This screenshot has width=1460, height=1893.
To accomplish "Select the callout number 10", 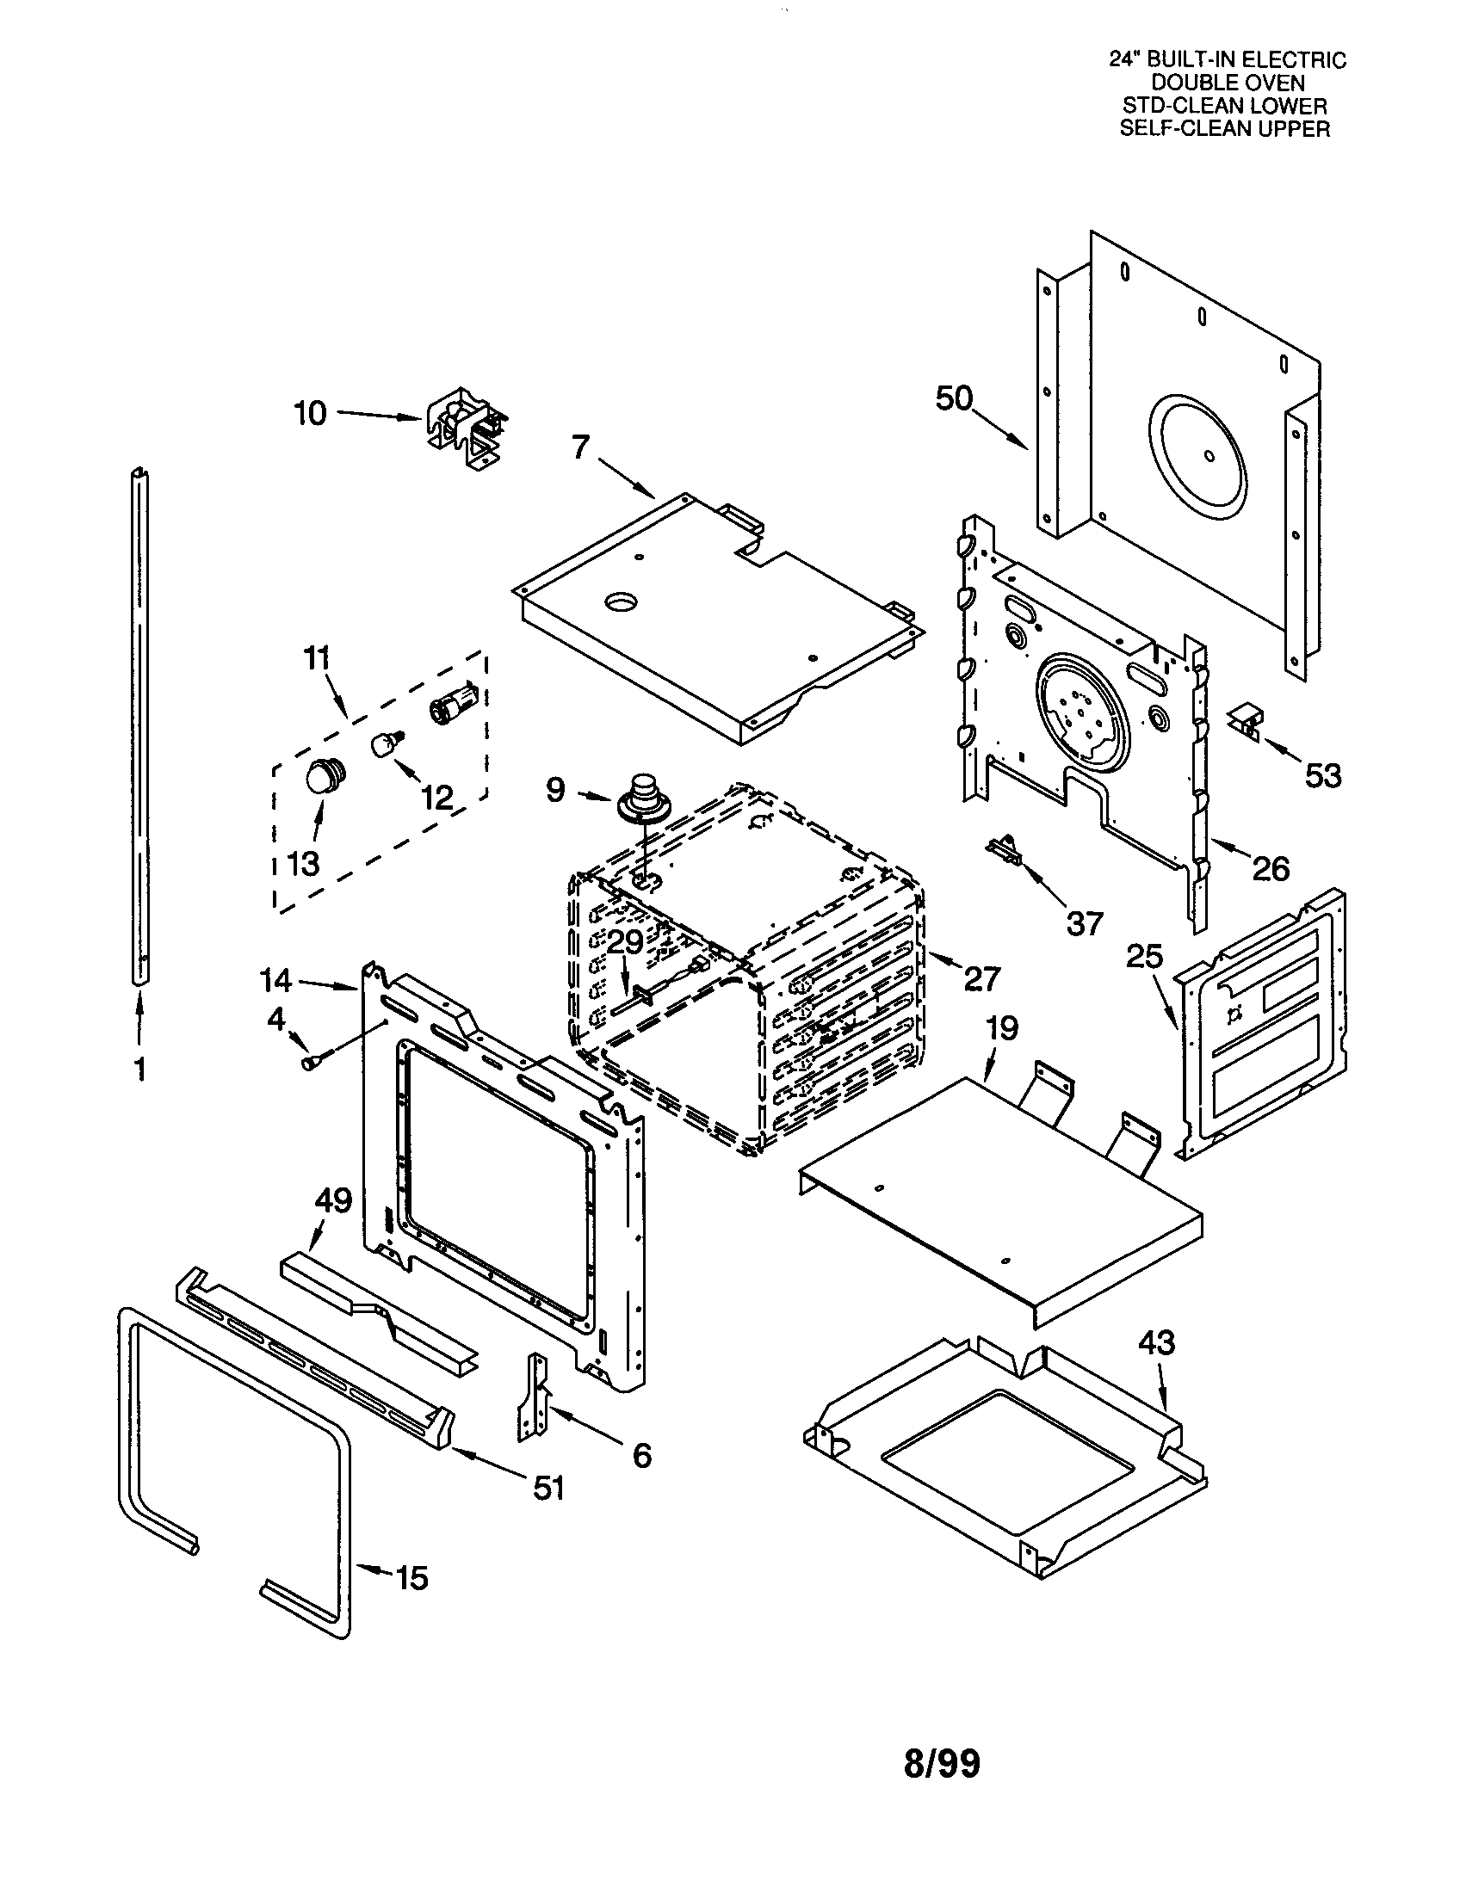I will pos(310,413).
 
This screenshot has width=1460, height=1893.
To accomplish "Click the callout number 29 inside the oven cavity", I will pos(624,942).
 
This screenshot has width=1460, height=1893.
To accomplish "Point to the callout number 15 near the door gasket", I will pos(411,1578).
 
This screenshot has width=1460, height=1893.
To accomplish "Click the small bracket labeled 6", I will pos(533,1396).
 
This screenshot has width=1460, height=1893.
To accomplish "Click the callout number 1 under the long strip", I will pos(139,1070).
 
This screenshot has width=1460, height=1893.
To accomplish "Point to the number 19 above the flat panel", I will pos(1002,1029).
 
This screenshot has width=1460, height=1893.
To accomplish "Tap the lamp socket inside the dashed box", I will pos(452,700).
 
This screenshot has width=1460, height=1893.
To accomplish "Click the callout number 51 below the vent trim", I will pos(548,1488).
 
